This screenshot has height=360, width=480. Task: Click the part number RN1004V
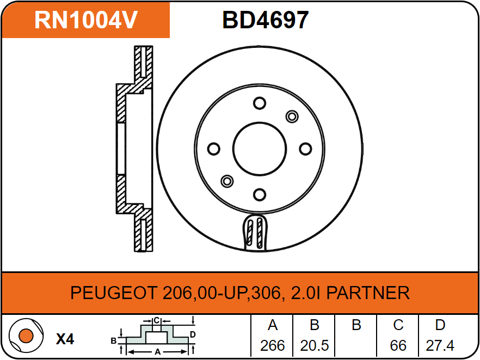[x=85, y=20]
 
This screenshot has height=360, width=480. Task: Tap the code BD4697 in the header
[x=265, y=20]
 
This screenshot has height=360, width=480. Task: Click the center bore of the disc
[x=260, y=148]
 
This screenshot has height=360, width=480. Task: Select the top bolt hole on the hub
[x=260, y=103]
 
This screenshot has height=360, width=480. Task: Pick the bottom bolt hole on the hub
[x=260, y=194]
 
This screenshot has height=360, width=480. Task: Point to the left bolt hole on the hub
[x=214, y=148]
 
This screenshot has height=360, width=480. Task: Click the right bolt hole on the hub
[x=305, y=148]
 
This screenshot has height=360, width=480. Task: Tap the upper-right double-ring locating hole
[x=292, y=116]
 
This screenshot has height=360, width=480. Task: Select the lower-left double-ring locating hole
[x=227, y=181]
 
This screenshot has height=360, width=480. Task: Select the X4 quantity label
[x=65, y=339]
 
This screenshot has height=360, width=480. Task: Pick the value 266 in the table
[x=273, y=345]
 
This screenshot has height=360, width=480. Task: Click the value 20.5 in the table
[x=314, y=345]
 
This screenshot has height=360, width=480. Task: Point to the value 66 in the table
[x=398, y=345]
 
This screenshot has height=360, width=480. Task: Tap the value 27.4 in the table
[x=440, y=345]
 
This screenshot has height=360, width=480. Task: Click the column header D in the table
[x=440, y=325]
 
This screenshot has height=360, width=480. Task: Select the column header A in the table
[x=273, y=325]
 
